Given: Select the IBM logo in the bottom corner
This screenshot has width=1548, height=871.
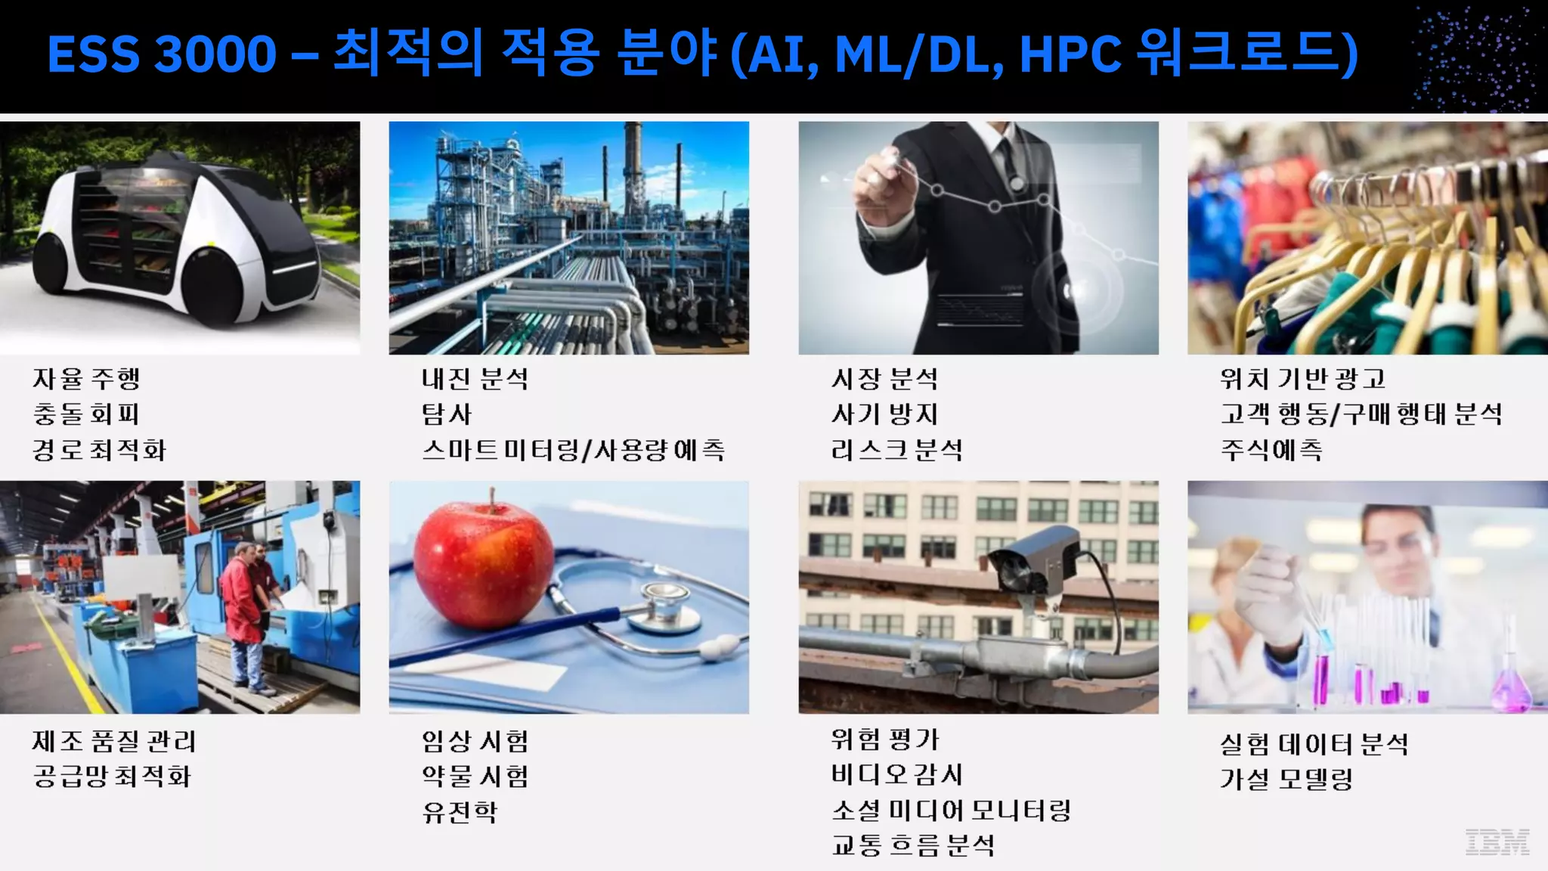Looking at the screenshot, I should tap(1497, 842).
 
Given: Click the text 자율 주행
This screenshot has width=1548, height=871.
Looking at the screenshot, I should tap(86, 378).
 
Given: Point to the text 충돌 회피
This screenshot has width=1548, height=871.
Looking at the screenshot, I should tap(86, 414).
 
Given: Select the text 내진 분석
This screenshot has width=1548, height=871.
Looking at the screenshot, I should tap(475, 378).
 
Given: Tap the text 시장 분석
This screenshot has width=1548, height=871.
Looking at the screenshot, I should tap(884, 378).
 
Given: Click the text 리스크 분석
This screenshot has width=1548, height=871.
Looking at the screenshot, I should tap(896, 450).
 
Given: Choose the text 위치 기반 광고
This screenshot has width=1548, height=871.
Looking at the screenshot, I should tap(1302, 378).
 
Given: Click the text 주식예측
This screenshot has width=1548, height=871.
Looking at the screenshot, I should tap(1271, 450).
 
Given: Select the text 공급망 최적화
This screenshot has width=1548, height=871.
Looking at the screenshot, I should tap(112, 776).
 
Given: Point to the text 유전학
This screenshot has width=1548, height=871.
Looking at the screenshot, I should tap(460, 812).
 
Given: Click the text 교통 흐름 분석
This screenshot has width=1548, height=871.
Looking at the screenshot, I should tap(913, 845).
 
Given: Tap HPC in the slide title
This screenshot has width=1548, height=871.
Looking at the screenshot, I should tap(1070, 54).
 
